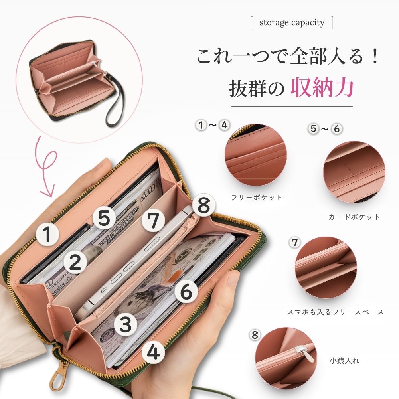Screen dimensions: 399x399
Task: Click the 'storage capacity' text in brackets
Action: point(292,23)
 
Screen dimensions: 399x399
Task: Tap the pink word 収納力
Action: point(322,87)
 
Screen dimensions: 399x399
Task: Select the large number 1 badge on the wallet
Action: point(47,234)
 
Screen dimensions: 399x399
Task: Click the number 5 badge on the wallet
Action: point(104,218)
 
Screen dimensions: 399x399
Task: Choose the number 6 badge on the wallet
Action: point(186,291)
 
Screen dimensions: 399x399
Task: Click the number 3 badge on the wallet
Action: point(126,324)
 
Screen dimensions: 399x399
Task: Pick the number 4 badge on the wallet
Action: point(154,352)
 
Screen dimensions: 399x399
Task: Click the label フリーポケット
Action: point(257,198)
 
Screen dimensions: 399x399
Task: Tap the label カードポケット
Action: point(354,217)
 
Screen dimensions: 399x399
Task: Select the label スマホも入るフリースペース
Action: point(336,312)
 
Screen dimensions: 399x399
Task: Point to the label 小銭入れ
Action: point(344,361)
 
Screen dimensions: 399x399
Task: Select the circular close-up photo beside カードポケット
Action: point(354,172)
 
